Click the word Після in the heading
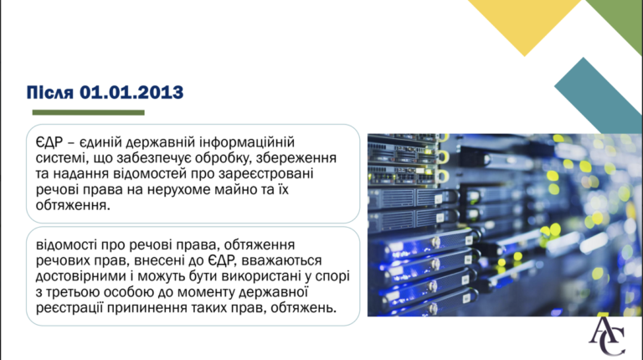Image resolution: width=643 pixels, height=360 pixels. coord(50,92)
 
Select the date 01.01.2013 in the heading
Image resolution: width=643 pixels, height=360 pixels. coord(131,92)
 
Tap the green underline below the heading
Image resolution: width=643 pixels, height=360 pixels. coord(88,112)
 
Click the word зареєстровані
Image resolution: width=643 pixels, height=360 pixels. coord(265,174)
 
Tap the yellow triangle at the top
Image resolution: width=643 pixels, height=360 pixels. coord(524,20)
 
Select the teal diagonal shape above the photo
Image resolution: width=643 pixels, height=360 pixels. coord(599,95)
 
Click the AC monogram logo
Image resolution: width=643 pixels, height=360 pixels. coord(607,337)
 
